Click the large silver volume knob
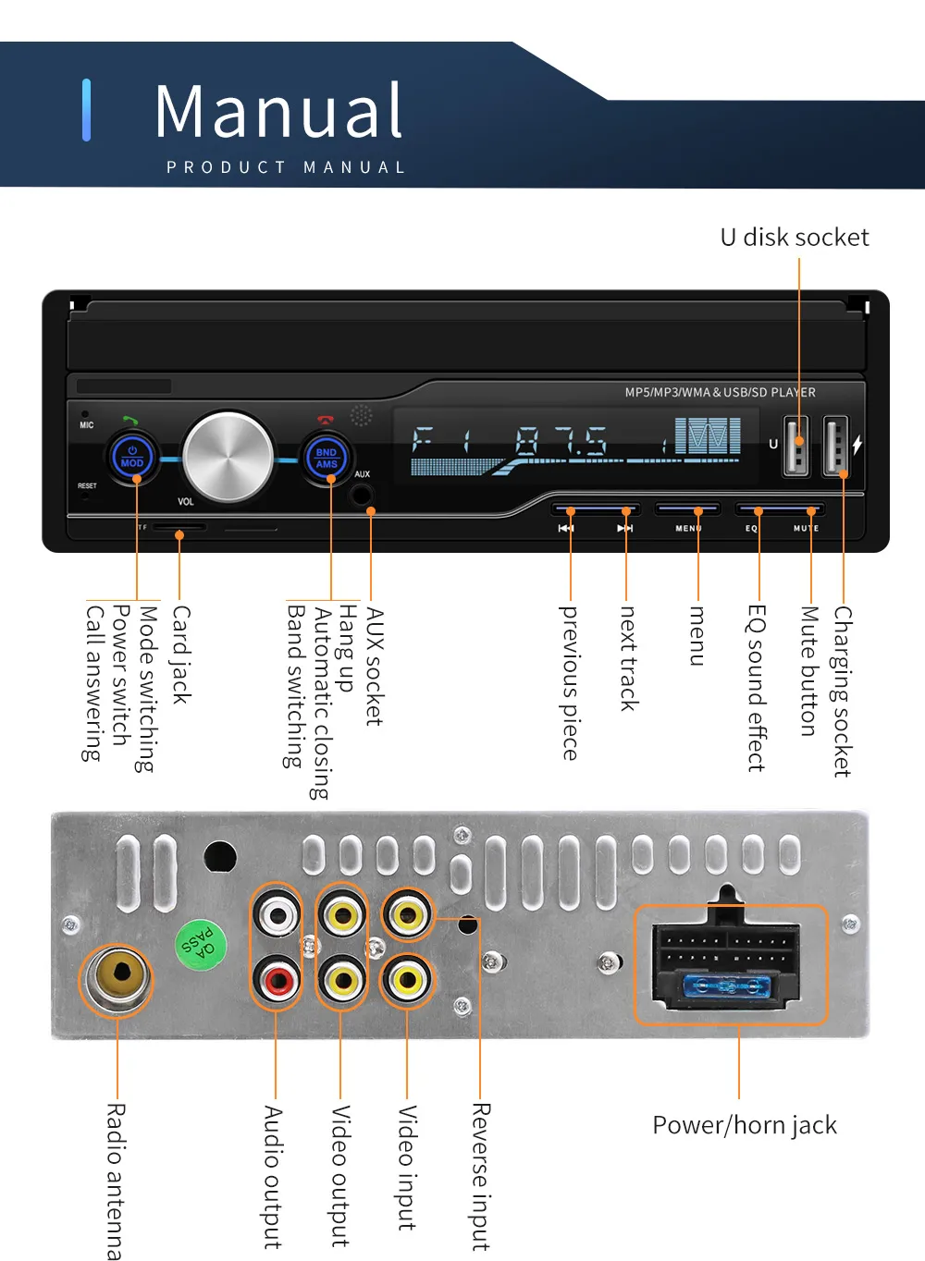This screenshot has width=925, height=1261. (x=228, y=457)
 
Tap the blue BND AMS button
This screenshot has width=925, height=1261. (x=327, y=458)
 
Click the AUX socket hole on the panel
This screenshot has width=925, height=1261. (x=362, y=494)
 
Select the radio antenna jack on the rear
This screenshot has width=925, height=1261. (x=117, y=979)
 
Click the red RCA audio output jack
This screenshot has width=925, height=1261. (x=277, y=980)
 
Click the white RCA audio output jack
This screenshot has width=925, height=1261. (x=277, y=915)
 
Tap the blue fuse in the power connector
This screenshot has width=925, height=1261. (x=727, y=986)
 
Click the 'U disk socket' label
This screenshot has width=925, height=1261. (x=795, y=238)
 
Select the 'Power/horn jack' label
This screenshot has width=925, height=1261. (x=745, y=1125)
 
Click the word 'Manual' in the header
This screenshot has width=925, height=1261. (x=278, y=112)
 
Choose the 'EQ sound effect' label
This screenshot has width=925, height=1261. (x=757, y=688)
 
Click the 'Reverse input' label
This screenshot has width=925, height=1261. (x=480, y=1176)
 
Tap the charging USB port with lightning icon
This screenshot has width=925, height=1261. (x=835, y=446)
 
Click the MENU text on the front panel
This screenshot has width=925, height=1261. (x=688, y=529)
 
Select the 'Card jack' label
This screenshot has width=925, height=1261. (x=181, y=655)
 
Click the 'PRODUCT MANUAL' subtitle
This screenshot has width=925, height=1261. (x=286, y=167)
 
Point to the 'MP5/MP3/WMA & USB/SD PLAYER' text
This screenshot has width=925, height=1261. (x=720, y=392)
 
